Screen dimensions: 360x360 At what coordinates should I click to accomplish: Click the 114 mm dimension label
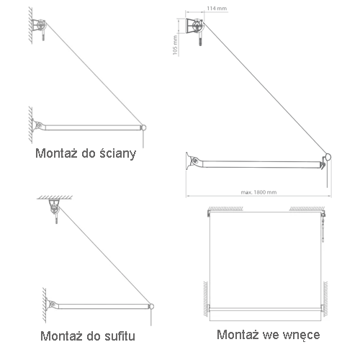click(x=217, y=9)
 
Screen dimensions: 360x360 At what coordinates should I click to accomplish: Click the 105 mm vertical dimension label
click(x=175, y=45)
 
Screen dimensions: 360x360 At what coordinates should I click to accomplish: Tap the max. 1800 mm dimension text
click(x=258, y=192)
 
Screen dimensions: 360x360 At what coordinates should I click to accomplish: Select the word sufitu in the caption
click(x=120, y=336)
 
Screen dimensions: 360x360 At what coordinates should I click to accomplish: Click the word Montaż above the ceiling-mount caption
click(x=61, y=336)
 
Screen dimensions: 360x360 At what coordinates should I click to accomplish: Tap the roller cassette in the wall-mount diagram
click(x=40, y=25)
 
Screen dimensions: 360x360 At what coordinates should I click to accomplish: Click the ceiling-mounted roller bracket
click(x=54, y=207)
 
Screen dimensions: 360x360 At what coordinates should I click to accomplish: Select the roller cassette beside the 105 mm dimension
click(x=194, y=26)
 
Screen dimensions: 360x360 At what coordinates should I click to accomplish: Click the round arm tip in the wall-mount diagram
click(x=143, y=127)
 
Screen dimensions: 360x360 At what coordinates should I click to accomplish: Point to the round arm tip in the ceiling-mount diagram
click(x=151, y=306)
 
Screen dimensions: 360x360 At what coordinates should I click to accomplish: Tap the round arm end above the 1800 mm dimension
click(x=328, y=158)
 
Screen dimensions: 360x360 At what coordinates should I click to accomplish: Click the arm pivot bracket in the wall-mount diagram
click(x=38, y=125)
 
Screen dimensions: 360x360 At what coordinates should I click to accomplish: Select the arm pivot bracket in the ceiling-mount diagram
click(x=52, y=305)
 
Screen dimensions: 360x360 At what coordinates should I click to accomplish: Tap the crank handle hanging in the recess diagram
click(x=324, y=228)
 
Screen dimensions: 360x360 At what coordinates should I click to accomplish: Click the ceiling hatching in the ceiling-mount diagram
click(x=55, y=197)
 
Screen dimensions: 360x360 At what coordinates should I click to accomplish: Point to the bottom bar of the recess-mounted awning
click(x=265, y=310)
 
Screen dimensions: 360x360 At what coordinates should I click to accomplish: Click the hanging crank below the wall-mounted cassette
click(x=43, y=35)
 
